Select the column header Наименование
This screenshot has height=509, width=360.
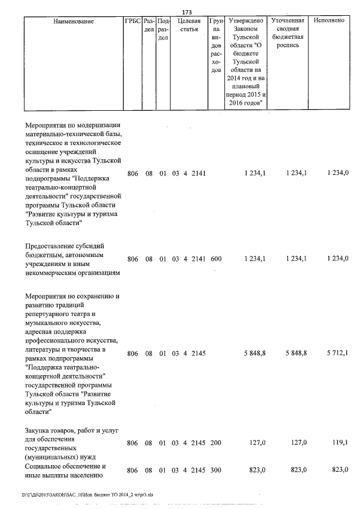click(73, 21)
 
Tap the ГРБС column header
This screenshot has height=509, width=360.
click(132, 21)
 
